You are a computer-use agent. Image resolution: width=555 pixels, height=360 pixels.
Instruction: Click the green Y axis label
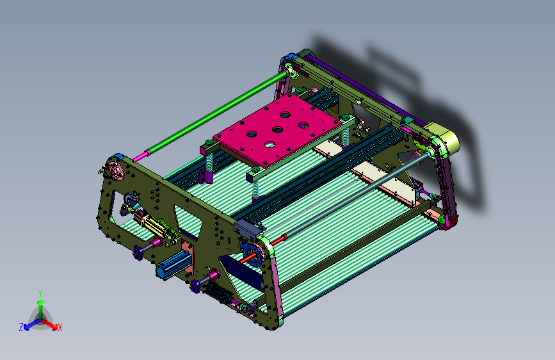[x=40, y=293]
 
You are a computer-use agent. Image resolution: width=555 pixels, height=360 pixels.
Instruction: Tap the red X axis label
[x=60, y=327]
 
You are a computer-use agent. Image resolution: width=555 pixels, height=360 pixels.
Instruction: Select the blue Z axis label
[x=21, y=327]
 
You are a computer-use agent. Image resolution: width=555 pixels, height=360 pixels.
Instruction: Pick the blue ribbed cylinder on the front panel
[x=174, y=265]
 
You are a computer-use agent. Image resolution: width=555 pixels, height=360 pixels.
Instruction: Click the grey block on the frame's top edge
[x=248, y=229]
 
